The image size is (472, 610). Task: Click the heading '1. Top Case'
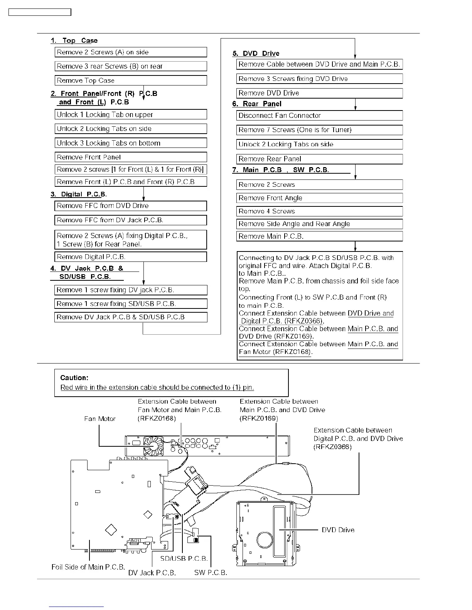coord(74,40)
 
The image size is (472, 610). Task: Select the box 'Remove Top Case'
coord(130,80)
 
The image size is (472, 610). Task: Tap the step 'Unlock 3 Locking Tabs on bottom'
coord(130,143)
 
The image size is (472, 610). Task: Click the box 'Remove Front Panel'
coord(130,157)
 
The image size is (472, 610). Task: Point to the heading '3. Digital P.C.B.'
coord(79,194)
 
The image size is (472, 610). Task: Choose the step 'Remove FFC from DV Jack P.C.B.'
coord(130,220)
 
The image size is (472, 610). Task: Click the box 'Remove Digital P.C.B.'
coord(130,257)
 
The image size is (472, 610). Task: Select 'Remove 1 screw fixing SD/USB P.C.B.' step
coord(130,304)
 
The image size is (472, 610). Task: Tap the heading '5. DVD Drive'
coord(256,54)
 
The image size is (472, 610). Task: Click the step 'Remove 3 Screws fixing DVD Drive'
coord(319,79)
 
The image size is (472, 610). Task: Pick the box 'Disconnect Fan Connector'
coord(319,116)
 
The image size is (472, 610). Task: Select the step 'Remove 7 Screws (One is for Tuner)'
coord(319,130)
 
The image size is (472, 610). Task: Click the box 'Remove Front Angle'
coord(319,198)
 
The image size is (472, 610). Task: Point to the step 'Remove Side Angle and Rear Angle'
coord(319,224)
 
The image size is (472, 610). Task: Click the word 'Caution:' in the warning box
coord(74,378)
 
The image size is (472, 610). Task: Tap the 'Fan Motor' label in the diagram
coord(100,419)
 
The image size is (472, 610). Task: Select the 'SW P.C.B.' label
coord(211,573)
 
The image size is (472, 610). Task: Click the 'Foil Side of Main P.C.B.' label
coord(88,567)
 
